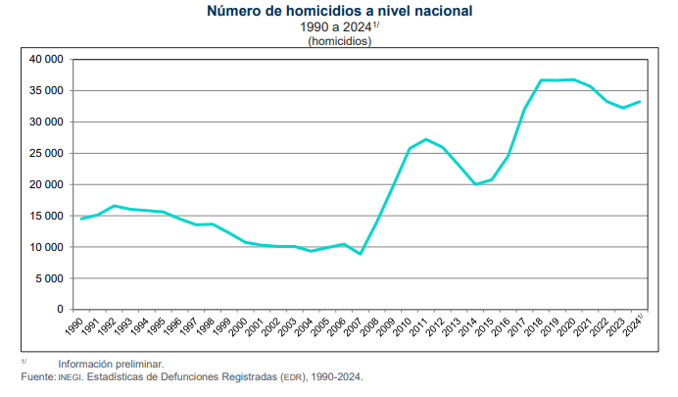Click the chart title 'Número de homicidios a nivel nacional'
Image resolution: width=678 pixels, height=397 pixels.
[x=339, y=11]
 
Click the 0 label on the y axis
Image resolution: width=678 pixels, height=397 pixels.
[x=61, y=310]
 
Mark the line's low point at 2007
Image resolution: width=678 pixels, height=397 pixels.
[x=361, y=254]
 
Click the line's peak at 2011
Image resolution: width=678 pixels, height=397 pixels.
[x=426, y=139]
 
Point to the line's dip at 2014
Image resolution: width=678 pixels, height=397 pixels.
[x=475, y=184]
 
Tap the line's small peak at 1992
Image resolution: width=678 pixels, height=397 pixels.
[x=114, y=206]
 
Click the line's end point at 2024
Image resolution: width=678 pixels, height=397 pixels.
[x=640, y=102]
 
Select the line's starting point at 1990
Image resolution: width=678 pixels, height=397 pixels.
[x=81, y=219]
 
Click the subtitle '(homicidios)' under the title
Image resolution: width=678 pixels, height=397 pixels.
[x=339, y=41]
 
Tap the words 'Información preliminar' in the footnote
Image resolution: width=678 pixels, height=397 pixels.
[x=109, y=364]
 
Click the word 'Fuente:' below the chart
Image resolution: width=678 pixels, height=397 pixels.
[x=38, y=376]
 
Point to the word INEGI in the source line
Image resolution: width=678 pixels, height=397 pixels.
[x=71, y=376]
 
